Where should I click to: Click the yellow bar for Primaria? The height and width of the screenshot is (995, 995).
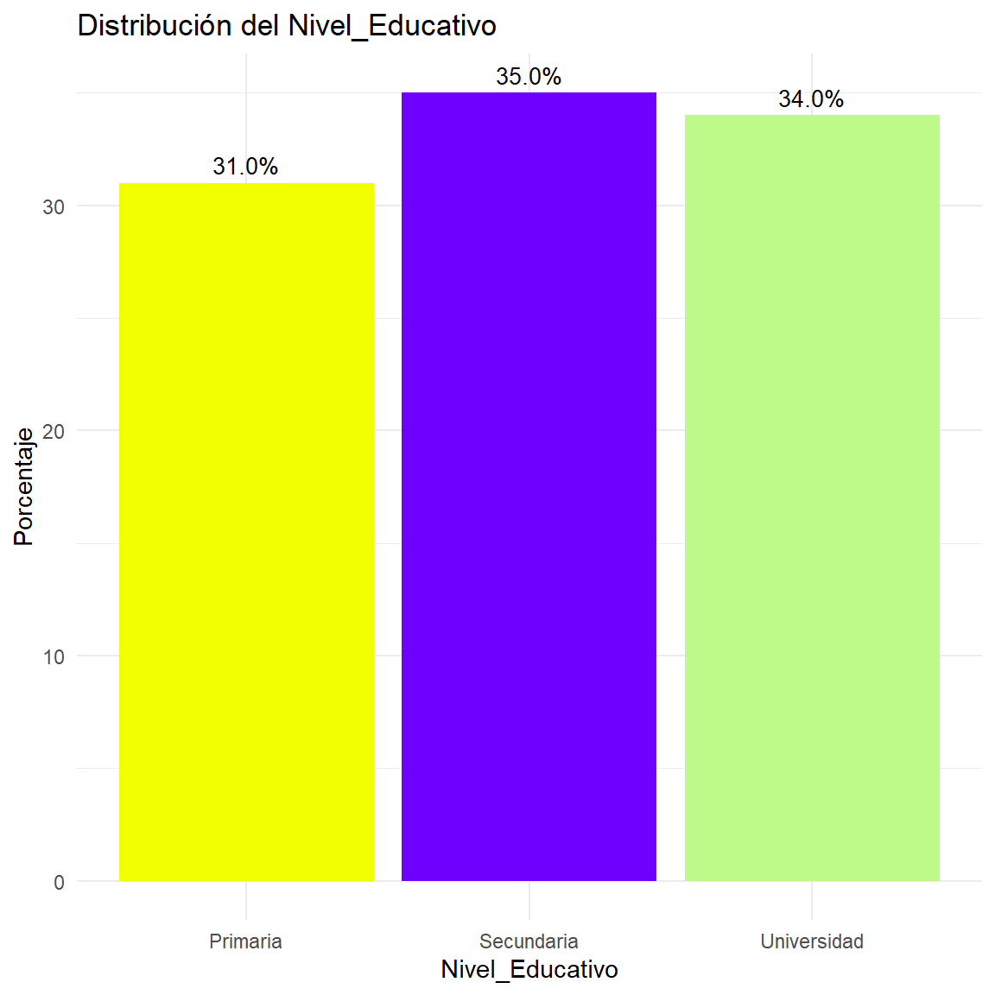click(x=246, y=532)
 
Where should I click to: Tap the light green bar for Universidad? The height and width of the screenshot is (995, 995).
click(x=812, y=497)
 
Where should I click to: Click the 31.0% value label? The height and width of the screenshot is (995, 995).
click(x=245, y=167)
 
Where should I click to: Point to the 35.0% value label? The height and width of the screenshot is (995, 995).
click(x=529, y=77)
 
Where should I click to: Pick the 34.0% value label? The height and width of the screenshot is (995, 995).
click(x=811, y=99)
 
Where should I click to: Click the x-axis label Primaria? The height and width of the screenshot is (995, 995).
click(x=245, y=941)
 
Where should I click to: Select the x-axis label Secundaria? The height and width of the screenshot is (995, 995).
click(x=529, y=941)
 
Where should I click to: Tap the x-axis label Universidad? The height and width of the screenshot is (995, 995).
click(x=812, y=941)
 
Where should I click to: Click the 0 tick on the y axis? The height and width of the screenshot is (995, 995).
click(x=59, y=882)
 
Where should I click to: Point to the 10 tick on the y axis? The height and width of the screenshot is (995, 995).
click(x=54, y=656)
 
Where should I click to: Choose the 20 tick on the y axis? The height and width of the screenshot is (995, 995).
click(x=54, y=431)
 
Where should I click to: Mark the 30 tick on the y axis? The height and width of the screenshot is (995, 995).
click(x=54, y=206)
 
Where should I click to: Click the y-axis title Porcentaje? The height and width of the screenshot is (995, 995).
click(x=23, y=486)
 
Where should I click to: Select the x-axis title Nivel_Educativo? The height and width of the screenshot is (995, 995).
click(x=529, y=969)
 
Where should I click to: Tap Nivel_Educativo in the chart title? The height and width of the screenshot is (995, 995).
click(x=392, y=26)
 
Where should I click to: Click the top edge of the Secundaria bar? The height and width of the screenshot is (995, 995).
click(x=529, y=93)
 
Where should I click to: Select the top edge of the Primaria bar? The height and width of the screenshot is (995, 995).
click(x=246, y=184)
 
